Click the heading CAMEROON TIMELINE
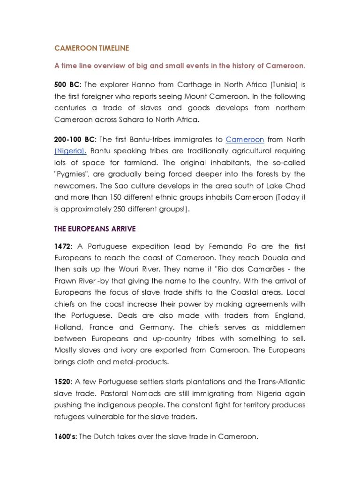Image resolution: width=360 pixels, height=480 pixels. pos(91,48)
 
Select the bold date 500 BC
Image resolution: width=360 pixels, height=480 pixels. pos(67,84)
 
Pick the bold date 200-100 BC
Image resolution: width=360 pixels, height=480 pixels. pos(75,139)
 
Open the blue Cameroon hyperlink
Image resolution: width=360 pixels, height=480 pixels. pos(245,139)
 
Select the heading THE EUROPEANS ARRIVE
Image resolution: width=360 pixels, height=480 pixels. pos(95,228)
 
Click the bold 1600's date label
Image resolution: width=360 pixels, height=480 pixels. pos(66,436)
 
